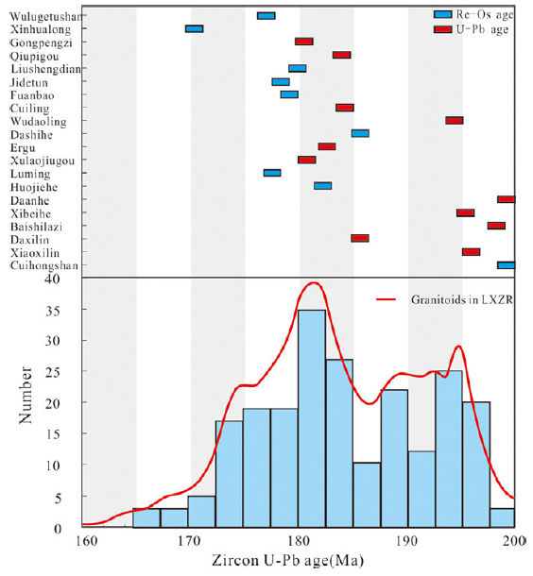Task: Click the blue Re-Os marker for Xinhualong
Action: pos(194,28)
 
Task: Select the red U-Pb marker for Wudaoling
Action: pos(455,121)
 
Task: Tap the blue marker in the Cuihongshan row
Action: pos(507,265)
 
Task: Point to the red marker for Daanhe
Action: pos(507,199)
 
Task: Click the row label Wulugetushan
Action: pos(45,17)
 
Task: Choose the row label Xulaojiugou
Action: pos(43,161)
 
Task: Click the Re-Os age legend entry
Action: pos(473,15)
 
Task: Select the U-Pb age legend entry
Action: pos(472,29)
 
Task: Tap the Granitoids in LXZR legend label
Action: pos(462,299)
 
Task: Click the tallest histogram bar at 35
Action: pos(312,418)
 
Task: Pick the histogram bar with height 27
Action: pos(339,443)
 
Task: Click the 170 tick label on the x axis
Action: pos(190,541)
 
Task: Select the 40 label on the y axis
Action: pos(52,280)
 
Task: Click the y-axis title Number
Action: pos(26,395)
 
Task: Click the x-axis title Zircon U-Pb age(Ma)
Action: pos(288,561)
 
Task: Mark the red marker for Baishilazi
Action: pos(496,226)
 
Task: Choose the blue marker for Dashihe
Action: pos(360,133)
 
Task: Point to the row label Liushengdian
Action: pos(45,69)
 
